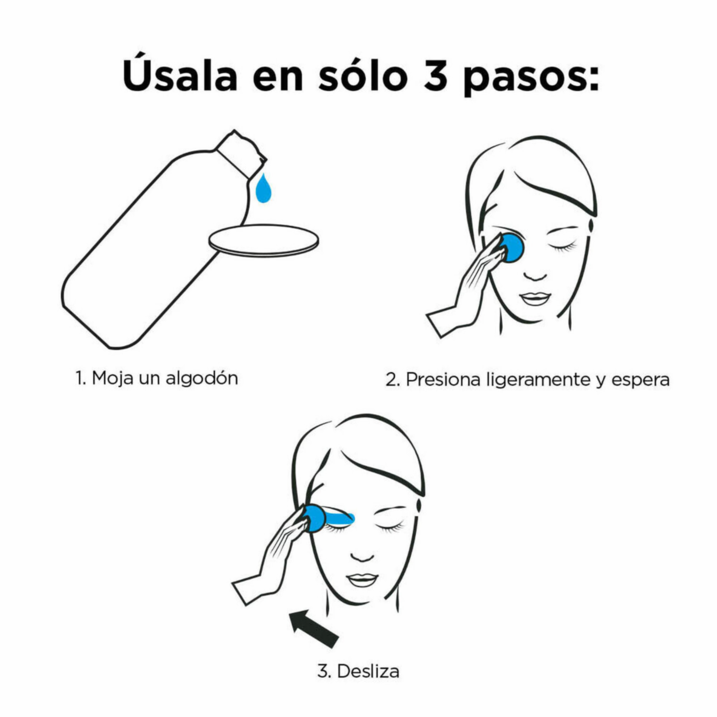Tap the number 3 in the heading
pos(435,76)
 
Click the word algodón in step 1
pos(202,379)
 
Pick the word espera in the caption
pos(641,381)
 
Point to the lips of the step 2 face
pos(535,299)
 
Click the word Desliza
pos(368,671)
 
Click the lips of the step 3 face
pos(362,580)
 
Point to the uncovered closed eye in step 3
pos(390,528)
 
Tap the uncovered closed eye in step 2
pos(563,247)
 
